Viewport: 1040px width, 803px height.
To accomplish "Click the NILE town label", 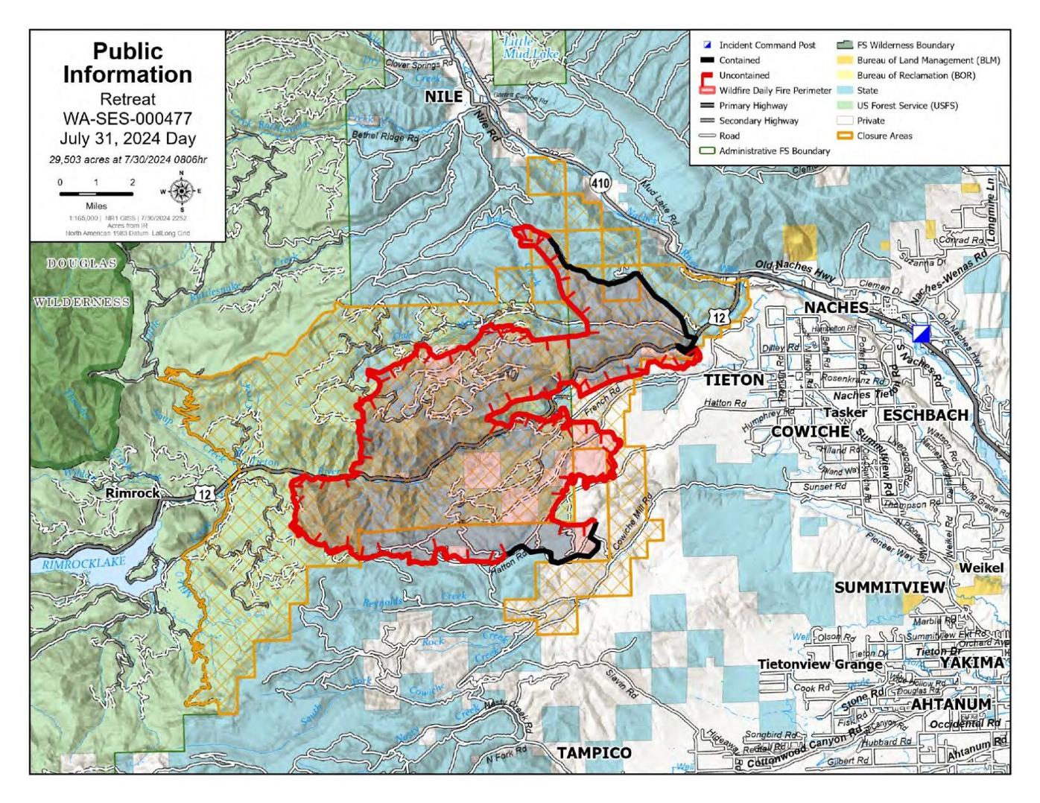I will pos(443,97).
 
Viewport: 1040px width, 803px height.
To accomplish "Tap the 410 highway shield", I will pos(600,183).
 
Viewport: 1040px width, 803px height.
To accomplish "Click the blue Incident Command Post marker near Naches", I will pos(922,334).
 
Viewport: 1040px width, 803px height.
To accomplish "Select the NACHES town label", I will pos(836,308).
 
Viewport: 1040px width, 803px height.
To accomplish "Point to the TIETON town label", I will pos(734,380).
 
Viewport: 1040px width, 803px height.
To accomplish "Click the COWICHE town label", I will pos(810,431).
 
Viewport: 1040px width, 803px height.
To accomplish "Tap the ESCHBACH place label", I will pos(925,415).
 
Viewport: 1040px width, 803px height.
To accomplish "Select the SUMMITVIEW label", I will pos(889,587).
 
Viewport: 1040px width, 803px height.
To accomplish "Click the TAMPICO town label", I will pos(594,752).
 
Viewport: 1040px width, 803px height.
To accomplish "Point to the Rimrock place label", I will pos(133,493).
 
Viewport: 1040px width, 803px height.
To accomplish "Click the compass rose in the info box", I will pos(180,191).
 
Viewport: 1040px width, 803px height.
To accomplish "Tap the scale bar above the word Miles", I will pos(96,194).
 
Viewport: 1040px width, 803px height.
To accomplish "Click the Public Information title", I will pos(127,63).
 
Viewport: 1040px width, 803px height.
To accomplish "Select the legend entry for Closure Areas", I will pos(884,136).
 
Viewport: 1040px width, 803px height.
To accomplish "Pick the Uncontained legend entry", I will pos(743,75).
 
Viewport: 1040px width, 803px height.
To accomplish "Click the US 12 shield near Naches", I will pos(717,318).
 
